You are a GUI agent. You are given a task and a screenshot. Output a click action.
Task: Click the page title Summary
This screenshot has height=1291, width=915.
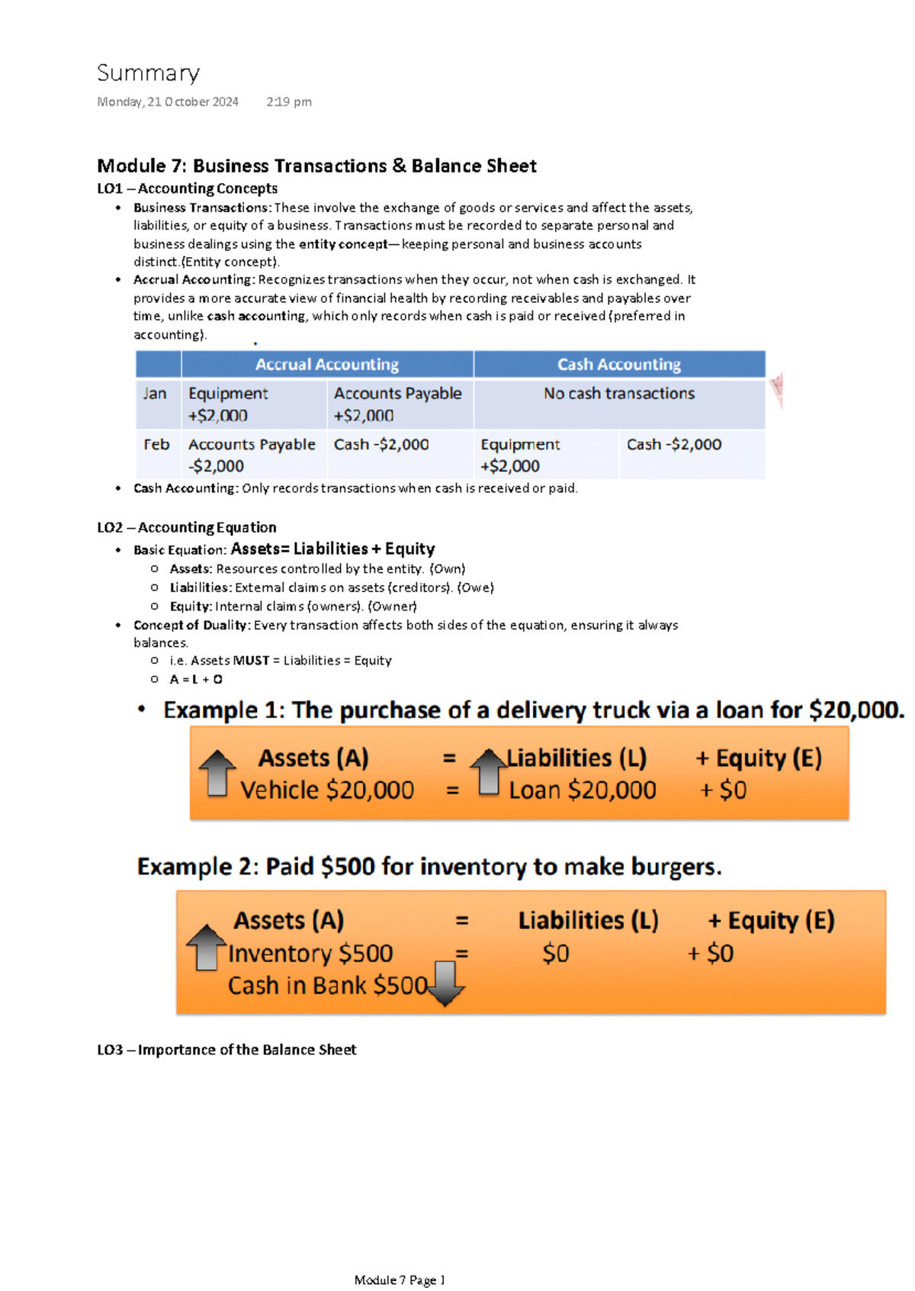(x=148, y=73)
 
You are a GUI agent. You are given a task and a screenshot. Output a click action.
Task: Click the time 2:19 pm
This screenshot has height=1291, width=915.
(x=288, y=102)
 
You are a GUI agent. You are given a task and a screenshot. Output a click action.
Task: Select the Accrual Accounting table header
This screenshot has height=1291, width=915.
(x=326, y=365)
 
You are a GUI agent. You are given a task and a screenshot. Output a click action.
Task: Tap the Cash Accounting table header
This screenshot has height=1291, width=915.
(x=618, y=365)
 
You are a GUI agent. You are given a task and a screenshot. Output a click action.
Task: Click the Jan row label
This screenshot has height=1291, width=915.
(x=155, y=394)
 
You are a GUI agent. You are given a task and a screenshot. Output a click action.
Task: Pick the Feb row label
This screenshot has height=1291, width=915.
(x=156, y=444)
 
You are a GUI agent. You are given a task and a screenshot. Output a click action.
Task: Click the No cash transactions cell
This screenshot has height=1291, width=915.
(x=618, y=394)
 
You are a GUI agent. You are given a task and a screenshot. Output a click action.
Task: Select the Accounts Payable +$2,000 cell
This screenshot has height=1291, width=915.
(x=397, y=404)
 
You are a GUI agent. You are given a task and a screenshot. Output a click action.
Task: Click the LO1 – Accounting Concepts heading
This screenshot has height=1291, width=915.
(x=187, y=188)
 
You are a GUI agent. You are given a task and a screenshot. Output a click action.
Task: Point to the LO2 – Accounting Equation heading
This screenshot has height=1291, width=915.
(x=186, y=527)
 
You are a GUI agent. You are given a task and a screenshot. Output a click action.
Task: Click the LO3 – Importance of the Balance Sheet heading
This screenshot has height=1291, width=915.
(x=226, y=1050)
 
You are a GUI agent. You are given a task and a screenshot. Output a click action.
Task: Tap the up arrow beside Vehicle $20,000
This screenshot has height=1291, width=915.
(x=217, y=773)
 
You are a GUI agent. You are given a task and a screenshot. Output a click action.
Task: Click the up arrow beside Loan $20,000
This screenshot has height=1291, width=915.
(x=488, y=771)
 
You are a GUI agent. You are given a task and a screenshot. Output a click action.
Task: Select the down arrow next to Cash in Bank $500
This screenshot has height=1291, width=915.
(x=445, y=983)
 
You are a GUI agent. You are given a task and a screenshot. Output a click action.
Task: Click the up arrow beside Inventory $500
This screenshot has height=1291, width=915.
(x=206, y=947)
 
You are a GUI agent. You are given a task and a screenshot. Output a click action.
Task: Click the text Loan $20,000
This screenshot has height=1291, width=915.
(x=582, y=790)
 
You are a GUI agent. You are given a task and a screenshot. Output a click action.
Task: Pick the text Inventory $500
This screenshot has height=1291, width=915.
(x=310, y=954)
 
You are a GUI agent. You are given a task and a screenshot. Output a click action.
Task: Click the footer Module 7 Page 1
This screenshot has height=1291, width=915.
(x=399, y=1280)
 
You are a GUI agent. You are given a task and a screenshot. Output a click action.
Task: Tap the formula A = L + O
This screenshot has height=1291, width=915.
(x=196, y=679)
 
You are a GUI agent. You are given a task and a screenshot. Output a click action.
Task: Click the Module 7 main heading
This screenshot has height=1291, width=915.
(x=316, y=166)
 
